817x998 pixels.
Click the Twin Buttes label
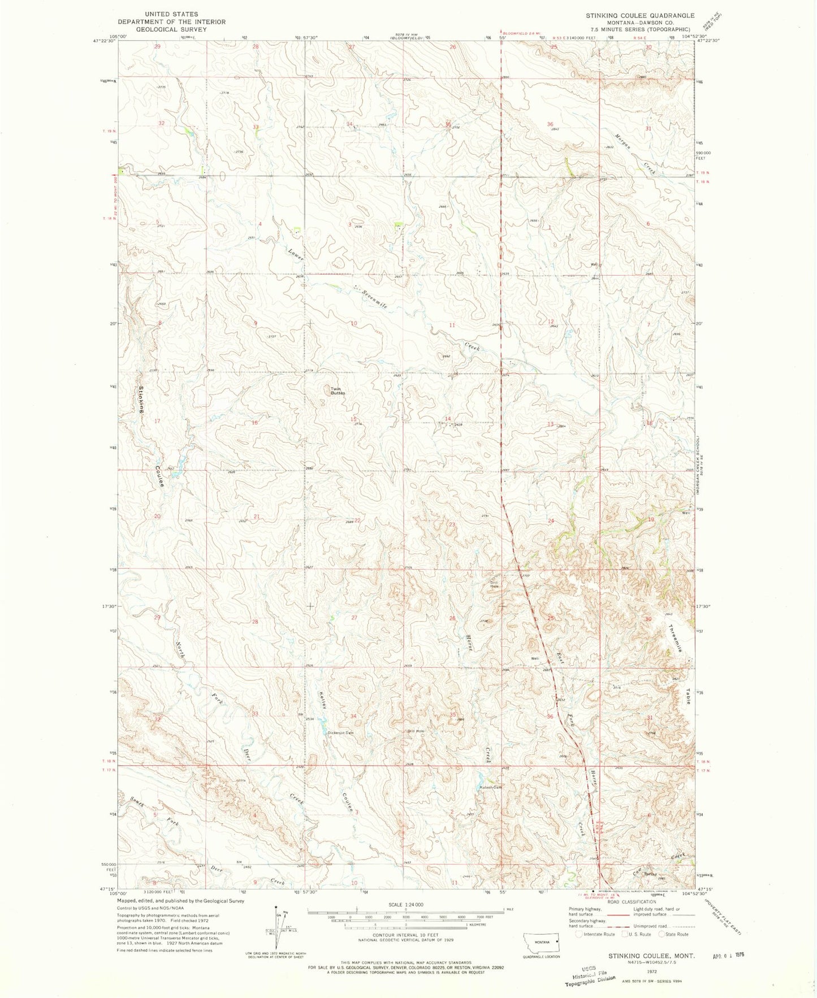point(338,390)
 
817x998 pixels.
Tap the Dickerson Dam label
point(341,733)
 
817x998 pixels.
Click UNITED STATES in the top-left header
point(171,14)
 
